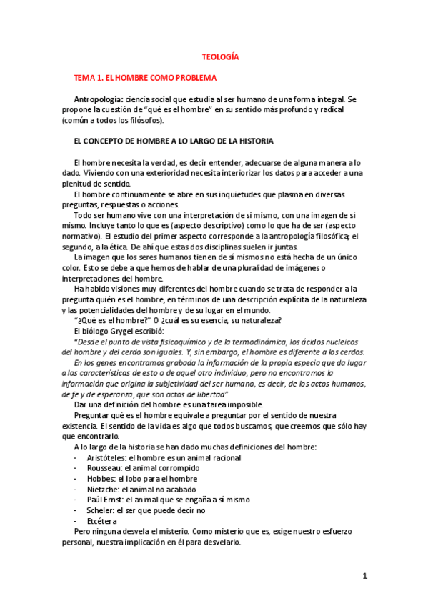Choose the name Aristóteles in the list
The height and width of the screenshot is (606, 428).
click(106, 457)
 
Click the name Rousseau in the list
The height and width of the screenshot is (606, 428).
click(104, 468)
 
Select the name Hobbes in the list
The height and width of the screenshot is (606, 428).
click(101, 479)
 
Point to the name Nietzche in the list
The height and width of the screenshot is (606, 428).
click(104, 490)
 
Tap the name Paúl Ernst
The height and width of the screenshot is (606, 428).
click(107, 500)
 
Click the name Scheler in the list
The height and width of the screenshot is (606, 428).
click(101, 511)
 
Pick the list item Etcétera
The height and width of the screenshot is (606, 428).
click(101, 522)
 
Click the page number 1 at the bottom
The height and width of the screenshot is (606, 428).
click(364, 577)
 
